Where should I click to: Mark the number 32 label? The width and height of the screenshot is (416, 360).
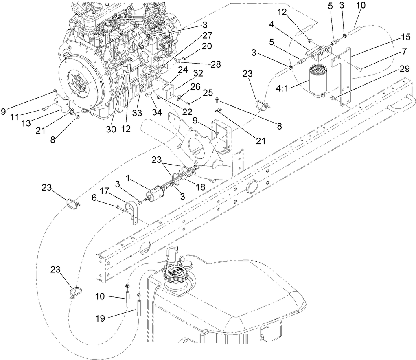[x=198, y=74]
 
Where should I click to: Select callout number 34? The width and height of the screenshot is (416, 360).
[x=156, y=112]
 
